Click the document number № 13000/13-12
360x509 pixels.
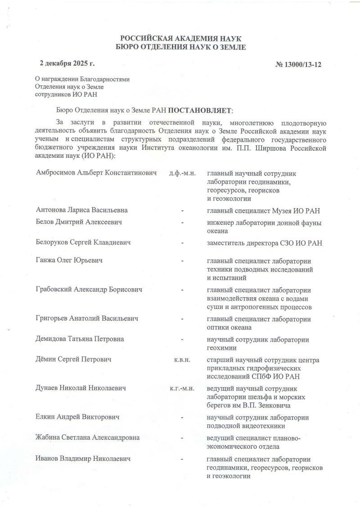tap(298, 65)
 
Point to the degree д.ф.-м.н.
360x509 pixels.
tap(183, 174)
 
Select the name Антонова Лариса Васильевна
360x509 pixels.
tap(81, 210)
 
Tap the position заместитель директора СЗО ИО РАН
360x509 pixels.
tap(264, 243)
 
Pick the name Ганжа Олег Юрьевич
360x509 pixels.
tap(69, 261)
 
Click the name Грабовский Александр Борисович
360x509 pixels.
tap(89, 290)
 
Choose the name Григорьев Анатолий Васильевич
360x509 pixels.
tap(87, 318)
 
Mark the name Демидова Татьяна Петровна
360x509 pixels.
tap(80, 339)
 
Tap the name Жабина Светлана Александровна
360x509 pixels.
tap(87, 438)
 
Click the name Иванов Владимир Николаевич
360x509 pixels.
tap(83, 459)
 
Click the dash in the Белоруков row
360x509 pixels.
tap(182, 243)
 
